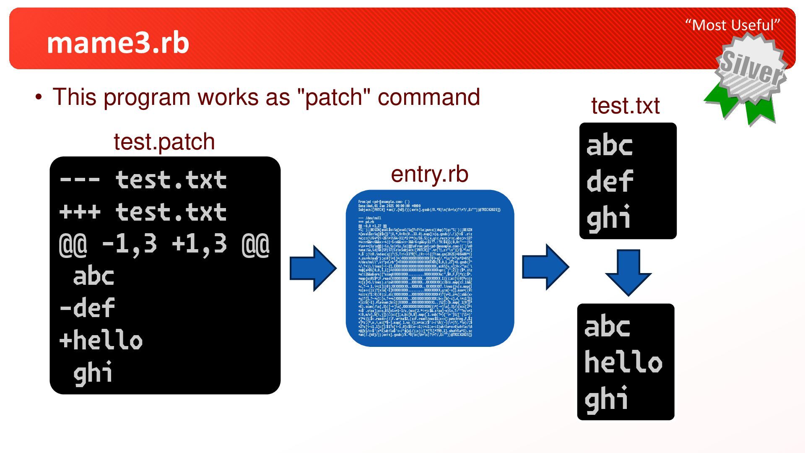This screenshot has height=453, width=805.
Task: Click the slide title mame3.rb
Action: click(118, 43)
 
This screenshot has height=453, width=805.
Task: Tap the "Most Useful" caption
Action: click(732, 25)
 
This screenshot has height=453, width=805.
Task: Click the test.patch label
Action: click(164, 141)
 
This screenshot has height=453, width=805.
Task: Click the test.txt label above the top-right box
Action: click(625, 105)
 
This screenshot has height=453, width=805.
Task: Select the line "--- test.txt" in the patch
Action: click(143, 180)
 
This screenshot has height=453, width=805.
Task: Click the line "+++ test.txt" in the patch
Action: click(143, 212)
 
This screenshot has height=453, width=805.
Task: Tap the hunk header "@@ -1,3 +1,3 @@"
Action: click(164, 244)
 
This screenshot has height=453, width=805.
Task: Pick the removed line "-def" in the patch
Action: click(87, 308)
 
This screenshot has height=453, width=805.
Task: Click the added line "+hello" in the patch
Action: click(101, 340)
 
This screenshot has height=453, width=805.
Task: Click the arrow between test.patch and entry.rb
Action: click(313, 268)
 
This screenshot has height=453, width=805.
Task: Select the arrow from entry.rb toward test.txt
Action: click(545, 267)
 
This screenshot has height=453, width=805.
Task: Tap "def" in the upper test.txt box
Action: click(610, 182)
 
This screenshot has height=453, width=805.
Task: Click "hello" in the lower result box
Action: click(623, 362)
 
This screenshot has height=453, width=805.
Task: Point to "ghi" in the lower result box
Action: click(606, 399)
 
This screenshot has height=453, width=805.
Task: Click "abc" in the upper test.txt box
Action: click(610, 146)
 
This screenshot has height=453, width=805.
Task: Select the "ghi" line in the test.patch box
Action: click(93, 372)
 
